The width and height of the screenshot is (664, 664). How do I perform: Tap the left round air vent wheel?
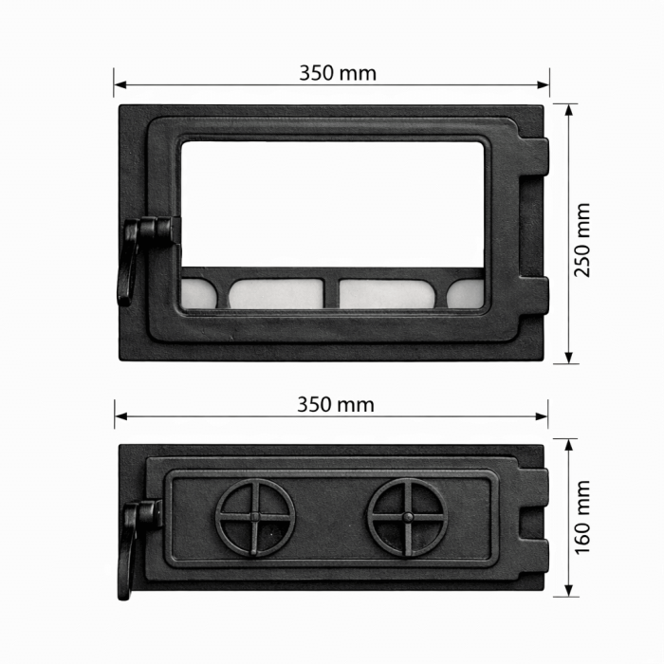(x=255, y=517)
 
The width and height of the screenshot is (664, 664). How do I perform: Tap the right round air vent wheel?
(x=408, y=517)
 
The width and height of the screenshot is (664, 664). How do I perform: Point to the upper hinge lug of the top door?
(x=538, y=157)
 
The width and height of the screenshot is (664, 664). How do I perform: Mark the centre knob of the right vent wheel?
(x=408, y=517)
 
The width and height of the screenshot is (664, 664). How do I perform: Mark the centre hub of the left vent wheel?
(x=255, y=517)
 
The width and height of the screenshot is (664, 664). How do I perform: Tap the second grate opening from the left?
(x=276, y=293)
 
